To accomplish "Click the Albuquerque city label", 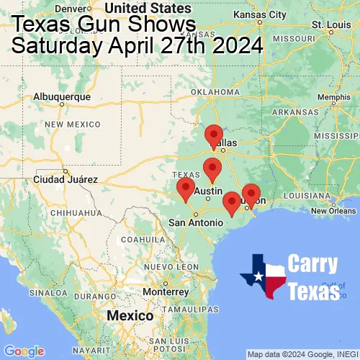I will [63, 96].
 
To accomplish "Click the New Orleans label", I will [333, 210].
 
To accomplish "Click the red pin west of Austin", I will [186, 189].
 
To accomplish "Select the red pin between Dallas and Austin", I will [212, 170].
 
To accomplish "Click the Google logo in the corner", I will [23, 351].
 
